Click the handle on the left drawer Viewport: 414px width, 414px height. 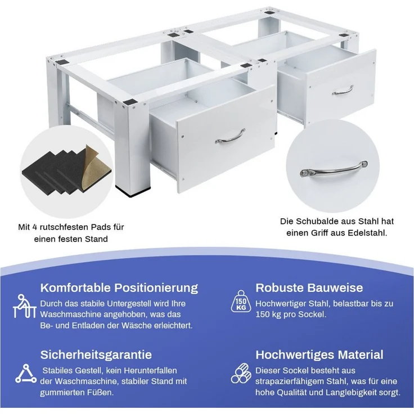click(230, 137)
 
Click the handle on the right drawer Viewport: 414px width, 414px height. click(343, 91)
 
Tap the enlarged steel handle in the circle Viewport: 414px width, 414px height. click(334, 169)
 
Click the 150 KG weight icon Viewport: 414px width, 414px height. click(241, 301)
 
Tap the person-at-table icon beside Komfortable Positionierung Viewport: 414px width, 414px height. click(24, 306)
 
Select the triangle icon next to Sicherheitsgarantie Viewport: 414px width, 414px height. click(26, 373)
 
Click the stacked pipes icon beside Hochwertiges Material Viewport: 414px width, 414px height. click(241, 373)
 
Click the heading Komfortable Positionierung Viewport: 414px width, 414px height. click(119, 287)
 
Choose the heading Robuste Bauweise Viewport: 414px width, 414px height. click(309, 287)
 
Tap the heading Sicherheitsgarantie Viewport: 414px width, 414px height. click(96, 354)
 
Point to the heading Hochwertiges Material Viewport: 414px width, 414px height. click(319, 354)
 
